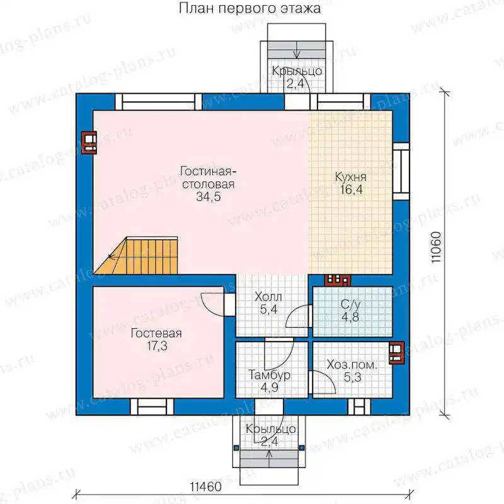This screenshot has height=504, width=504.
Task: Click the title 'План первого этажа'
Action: (249, 9)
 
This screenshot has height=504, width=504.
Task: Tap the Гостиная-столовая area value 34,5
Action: (209, 197)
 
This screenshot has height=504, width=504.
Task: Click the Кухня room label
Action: (351, 177)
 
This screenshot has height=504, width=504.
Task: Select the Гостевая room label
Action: (156, 333)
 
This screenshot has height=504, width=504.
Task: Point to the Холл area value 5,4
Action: (268, 309)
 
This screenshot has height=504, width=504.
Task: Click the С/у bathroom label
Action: (351, 304)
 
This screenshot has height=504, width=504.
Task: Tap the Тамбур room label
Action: (270, 375)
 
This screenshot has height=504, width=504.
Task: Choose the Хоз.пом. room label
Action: (352, 365)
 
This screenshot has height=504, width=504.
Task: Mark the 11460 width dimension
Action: (205, 486)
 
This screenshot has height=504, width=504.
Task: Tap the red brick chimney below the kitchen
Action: (337, 280)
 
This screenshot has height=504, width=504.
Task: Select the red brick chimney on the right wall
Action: (396, 352)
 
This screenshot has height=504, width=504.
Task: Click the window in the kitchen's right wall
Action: (401, 171)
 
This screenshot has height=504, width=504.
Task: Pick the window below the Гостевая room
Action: (152, 406)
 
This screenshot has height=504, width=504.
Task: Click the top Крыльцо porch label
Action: (297, 71)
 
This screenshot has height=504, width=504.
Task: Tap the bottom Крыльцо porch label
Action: (270, 428)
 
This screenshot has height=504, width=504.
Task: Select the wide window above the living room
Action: (159, 102)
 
